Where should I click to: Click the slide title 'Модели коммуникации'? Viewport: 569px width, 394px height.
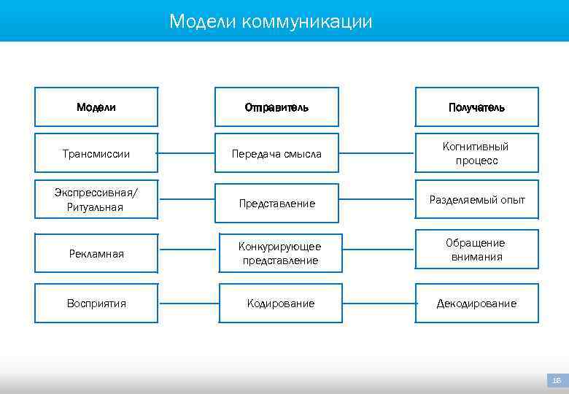click(x=271, y=22)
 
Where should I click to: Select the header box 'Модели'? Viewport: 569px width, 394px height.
click(x=96, y=107)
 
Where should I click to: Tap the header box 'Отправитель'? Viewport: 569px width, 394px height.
click(x=276, y=107)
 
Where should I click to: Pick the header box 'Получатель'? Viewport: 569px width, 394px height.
click(x=476, y=107)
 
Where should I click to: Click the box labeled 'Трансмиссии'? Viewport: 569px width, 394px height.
click(x=96, y=153)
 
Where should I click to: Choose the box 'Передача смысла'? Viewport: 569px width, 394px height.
click(x=276, y=153)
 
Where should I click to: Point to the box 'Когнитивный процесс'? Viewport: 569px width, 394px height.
click(x=476, y=153)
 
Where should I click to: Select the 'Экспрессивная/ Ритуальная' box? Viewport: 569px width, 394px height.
click(x=96, y=200)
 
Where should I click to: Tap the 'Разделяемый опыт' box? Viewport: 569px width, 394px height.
click(x=476, y=199)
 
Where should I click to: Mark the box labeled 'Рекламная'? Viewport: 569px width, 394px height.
click(x=96, y=254)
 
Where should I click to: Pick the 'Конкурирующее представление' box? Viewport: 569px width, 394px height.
click(x=280, y=254)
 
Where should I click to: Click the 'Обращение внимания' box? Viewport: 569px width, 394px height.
click(x=476, y=250)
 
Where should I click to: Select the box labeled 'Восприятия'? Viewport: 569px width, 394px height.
click(x=96, y=303)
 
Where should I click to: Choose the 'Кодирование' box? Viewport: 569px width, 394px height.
click(x=280, y=303)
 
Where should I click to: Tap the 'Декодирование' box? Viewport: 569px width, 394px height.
click(x=476, y=303)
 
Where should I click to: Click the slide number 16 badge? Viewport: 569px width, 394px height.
click(x=557, y=380)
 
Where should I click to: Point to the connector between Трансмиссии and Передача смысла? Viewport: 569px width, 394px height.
click(x=186, y=153)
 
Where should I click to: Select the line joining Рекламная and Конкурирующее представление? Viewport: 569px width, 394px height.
click(x=188, y=254)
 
